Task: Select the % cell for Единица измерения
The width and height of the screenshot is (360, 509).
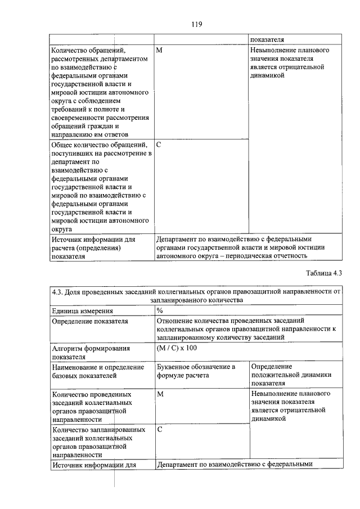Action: [x=160, y=310]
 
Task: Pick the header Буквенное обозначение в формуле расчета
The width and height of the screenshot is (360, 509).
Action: [x=195, y=371]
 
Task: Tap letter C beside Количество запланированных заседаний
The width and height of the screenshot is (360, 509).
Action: [x=160, y=430]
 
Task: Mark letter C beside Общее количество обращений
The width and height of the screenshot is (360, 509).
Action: [x=159, y=145]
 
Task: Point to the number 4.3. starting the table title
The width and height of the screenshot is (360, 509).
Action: [x=57, y=292]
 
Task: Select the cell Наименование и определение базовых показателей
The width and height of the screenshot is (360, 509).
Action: [x=96, y=371]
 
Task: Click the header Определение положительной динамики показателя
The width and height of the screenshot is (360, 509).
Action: [x=291, y=375]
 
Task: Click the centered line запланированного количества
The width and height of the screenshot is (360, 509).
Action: [x=196, y=300]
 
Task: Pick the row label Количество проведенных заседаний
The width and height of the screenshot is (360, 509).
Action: [x=92, y=407]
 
